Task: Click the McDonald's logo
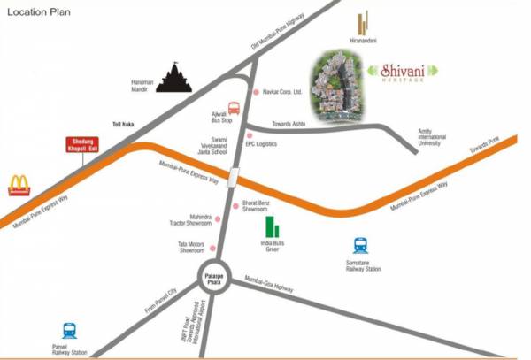[x=20, y=185]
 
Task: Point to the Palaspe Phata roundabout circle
[x=213, y=277]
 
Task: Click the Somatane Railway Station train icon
[x=361, y=246]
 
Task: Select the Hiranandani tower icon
[x=361, y=25]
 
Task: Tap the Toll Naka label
[x=122, y=126]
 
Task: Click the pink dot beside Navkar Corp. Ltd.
[x=257, y=92]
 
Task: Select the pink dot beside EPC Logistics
[x=249, y=135]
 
